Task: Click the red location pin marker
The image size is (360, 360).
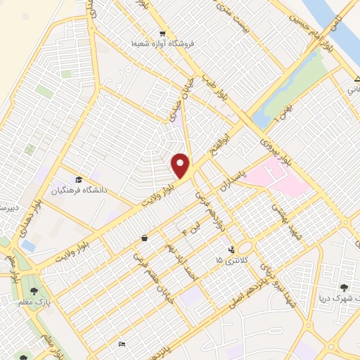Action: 181,165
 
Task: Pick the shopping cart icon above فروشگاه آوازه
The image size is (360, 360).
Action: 162,33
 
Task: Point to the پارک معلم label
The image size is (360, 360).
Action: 33,302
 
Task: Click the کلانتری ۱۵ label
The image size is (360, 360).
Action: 229,260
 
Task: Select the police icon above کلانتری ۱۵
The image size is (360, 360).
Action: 231,249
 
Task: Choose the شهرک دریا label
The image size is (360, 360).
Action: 341,298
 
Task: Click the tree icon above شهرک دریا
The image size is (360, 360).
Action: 343,287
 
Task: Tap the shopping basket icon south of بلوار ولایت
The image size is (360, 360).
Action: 144,238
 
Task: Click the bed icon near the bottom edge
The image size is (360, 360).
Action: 122,344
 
